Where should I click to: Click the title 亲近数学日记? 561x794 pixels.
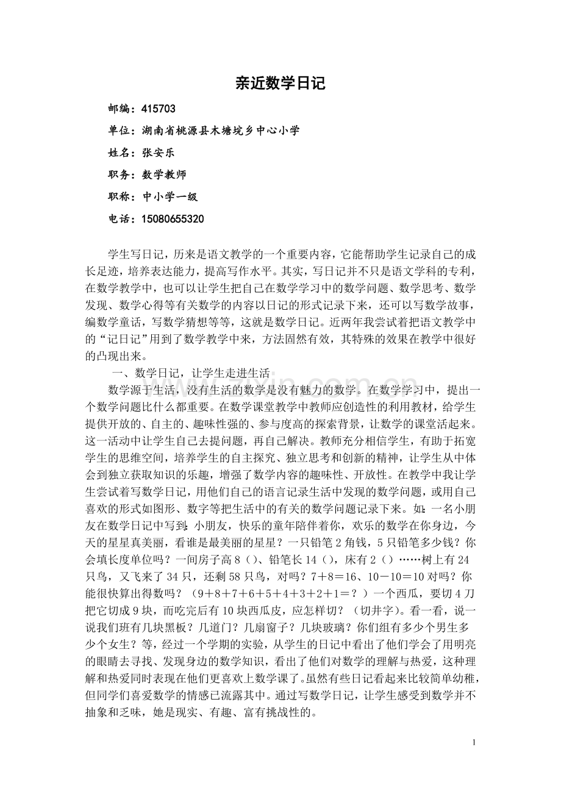[x=280, y=84]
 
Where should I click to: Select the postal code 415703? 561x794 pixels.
[x=158, y=109]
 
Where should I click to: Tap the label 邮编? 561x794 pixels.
[x=120, y=109]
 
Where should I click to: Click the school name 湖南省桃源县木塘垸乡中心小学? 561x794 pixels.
[x=220, y=131]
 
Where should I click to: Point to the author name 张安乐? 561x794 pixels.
[x=158, y=153]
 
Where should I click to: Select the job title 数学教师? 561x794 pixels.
[x=164, y=175]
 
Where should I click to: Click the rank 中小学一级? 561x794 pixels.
[x=170, y=197]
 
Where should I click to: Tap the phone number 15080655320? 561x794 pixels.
[x=173, y=219]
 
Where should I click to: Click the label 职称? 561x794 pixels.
[x=120, y=197]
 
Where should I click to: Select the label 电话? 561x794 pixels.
[x=120, y=219]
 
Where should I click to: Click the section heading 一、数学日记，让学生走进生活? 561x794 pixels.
[x=191, y=374]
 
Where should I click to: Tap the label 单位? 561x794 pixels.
[x=120, y=131]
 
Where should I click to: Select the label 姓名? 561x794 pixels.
[x=120, y=153]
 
